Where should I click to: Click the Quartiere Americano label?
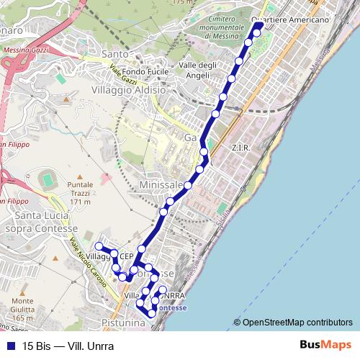click(x=292, y=20)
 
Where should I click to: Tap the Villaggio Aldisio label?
click(x=129, y=91)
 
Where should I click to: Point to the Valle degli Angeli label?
click(x=197, y=69)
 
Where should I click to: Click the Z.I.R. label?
click(x=240, y=148)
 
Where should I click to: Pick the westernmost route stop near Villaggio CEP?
click(x=99, y=247)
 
